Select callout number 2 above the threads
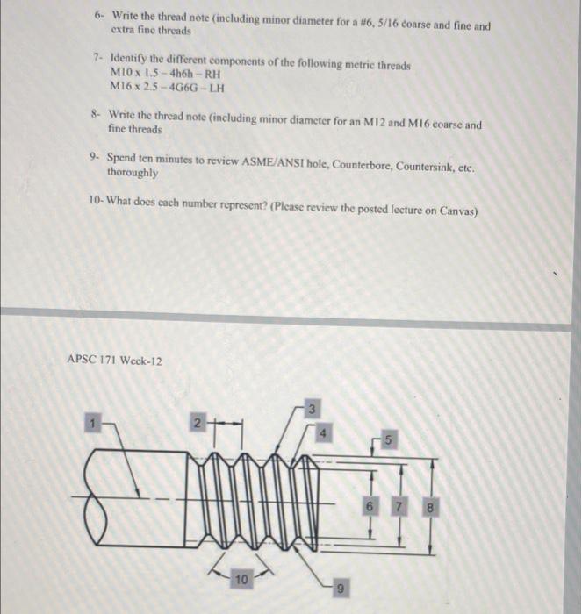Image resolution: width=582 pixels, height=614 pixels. click(x=199, y=424)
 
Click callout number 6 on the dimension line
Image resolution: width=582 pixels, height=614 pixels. click(x=370, y=509)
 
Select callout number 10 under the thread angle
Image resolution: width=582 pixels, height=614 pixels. click(x=241, y=580)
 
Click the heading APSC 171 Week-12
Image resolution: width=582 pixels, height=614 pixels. click(x=114, y=361)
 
